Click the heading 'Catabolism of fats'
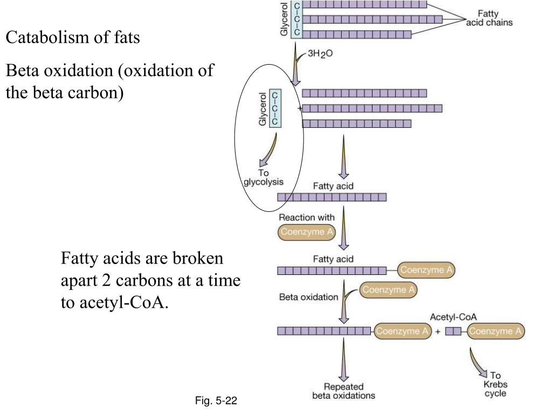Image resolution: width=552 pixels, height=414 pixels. [73, 38]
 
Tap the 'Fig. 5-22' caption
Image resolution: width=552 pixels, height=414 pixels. [216, 401]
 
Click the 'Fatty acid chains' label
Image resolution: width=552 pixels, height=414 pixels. [489, 19]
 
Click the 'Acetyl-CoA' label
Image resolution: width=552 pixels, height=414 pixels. [453, 317]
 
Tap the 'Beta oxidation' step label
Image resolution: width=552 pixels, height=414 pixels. [309, 296]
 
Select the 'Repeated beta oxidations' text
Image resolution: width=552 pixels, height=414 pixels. [344, 391]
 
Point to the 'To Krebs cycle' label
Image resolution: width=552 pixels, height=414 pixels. [495, 384]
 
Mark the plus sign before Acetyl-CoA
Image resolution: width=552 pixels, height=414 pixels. [438, 332]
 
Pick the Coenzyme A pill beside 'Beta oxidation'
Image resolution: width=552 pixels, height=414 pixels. [389, 290]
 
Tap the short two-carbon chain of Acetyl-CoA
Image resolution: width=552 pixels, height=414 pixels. [453, 332]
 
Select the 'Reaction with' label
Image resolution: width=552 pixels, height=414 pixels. [306, 218]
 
